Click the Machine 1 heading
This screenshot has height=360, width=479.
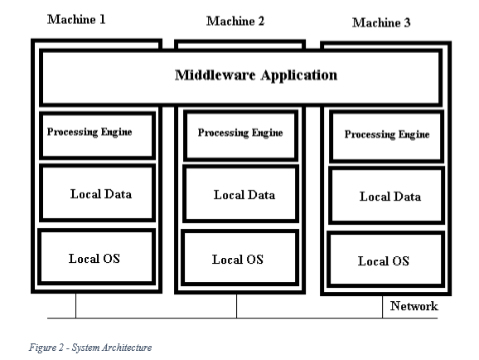click(76, 20)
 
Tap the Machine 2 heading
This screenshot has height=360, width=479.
click(235, 21)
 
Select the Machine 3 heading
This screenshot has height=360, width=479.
click(381, 22)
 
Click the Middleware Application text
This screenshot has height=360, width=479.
click(256, 75)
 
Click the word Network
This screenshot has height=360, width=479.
click(414, 306)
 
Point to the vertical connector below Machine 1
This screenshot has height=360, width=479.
click(75, 305)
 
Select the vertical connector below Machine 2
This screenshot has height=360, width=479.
click(236, 306)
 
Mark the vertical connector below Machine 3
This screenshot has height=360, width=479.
click(382, 307)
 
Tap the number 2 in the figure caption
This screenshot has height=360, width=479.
click(61, 348)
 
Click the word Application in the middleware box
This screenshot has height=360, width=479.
click(299, 75)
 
